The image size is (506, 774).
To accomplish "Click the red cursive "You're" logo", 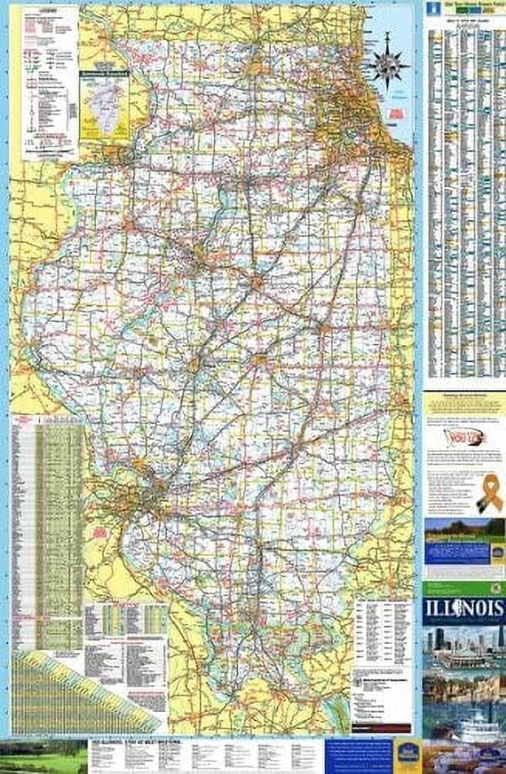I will [459, 438].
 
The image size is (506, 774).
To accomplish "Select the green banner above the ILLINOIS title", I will [463, 588].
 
